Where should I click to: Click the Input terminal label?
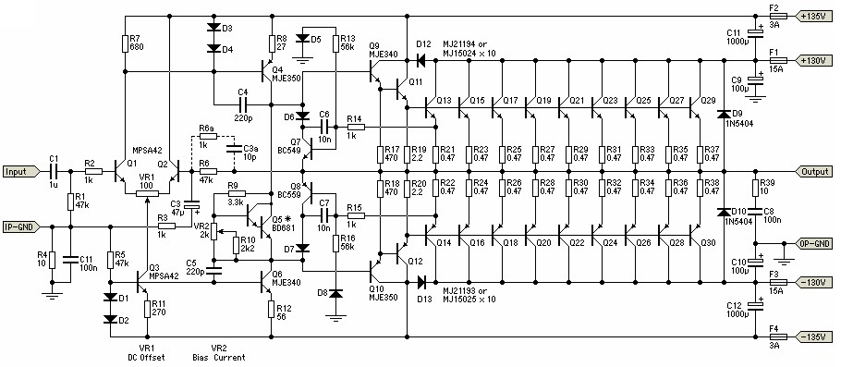pyautogui.click(x=20, y=172)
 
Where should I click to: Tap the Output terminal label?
pyautogui.click(x=814, y=172)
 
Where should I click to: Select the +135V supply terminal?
pyautogui.click(x=813, y=16)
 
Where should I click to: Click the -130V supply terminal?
pyautogui.click(x=813, y=283)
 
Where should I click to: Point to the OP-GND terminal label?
pyautogui.click(x=813, y=244)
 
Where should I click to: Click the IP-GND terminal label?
pyautogui.click(x=20, y=226)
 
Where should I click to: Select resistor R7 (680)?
pyautogui.click(x=126, y=43)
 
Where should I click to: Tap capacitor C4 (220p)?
pyautogui.click(x=242, y=104)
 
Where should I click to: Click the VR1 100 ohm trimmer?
pyautogui.click(x=147, y=193)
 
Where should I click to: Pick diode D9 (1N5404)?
pyautogui.click(x=724, y=115)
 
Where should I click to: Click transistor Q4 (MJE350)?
pyautogui.click(x=266, y=71)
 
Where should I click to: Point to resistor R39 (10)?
pyautogui.click(x=755, y=188)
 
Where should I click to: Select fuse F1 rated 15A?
pyautogui.click(x=774, y=60)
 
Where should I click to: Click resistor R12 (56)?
pyautogui.click(x=271, y=310)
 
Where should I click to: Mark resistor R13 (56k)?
pyautogui.click(x=336, y=43)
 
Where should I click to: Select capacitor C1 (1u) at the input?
pyautogui.click(x=54, y=172)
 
